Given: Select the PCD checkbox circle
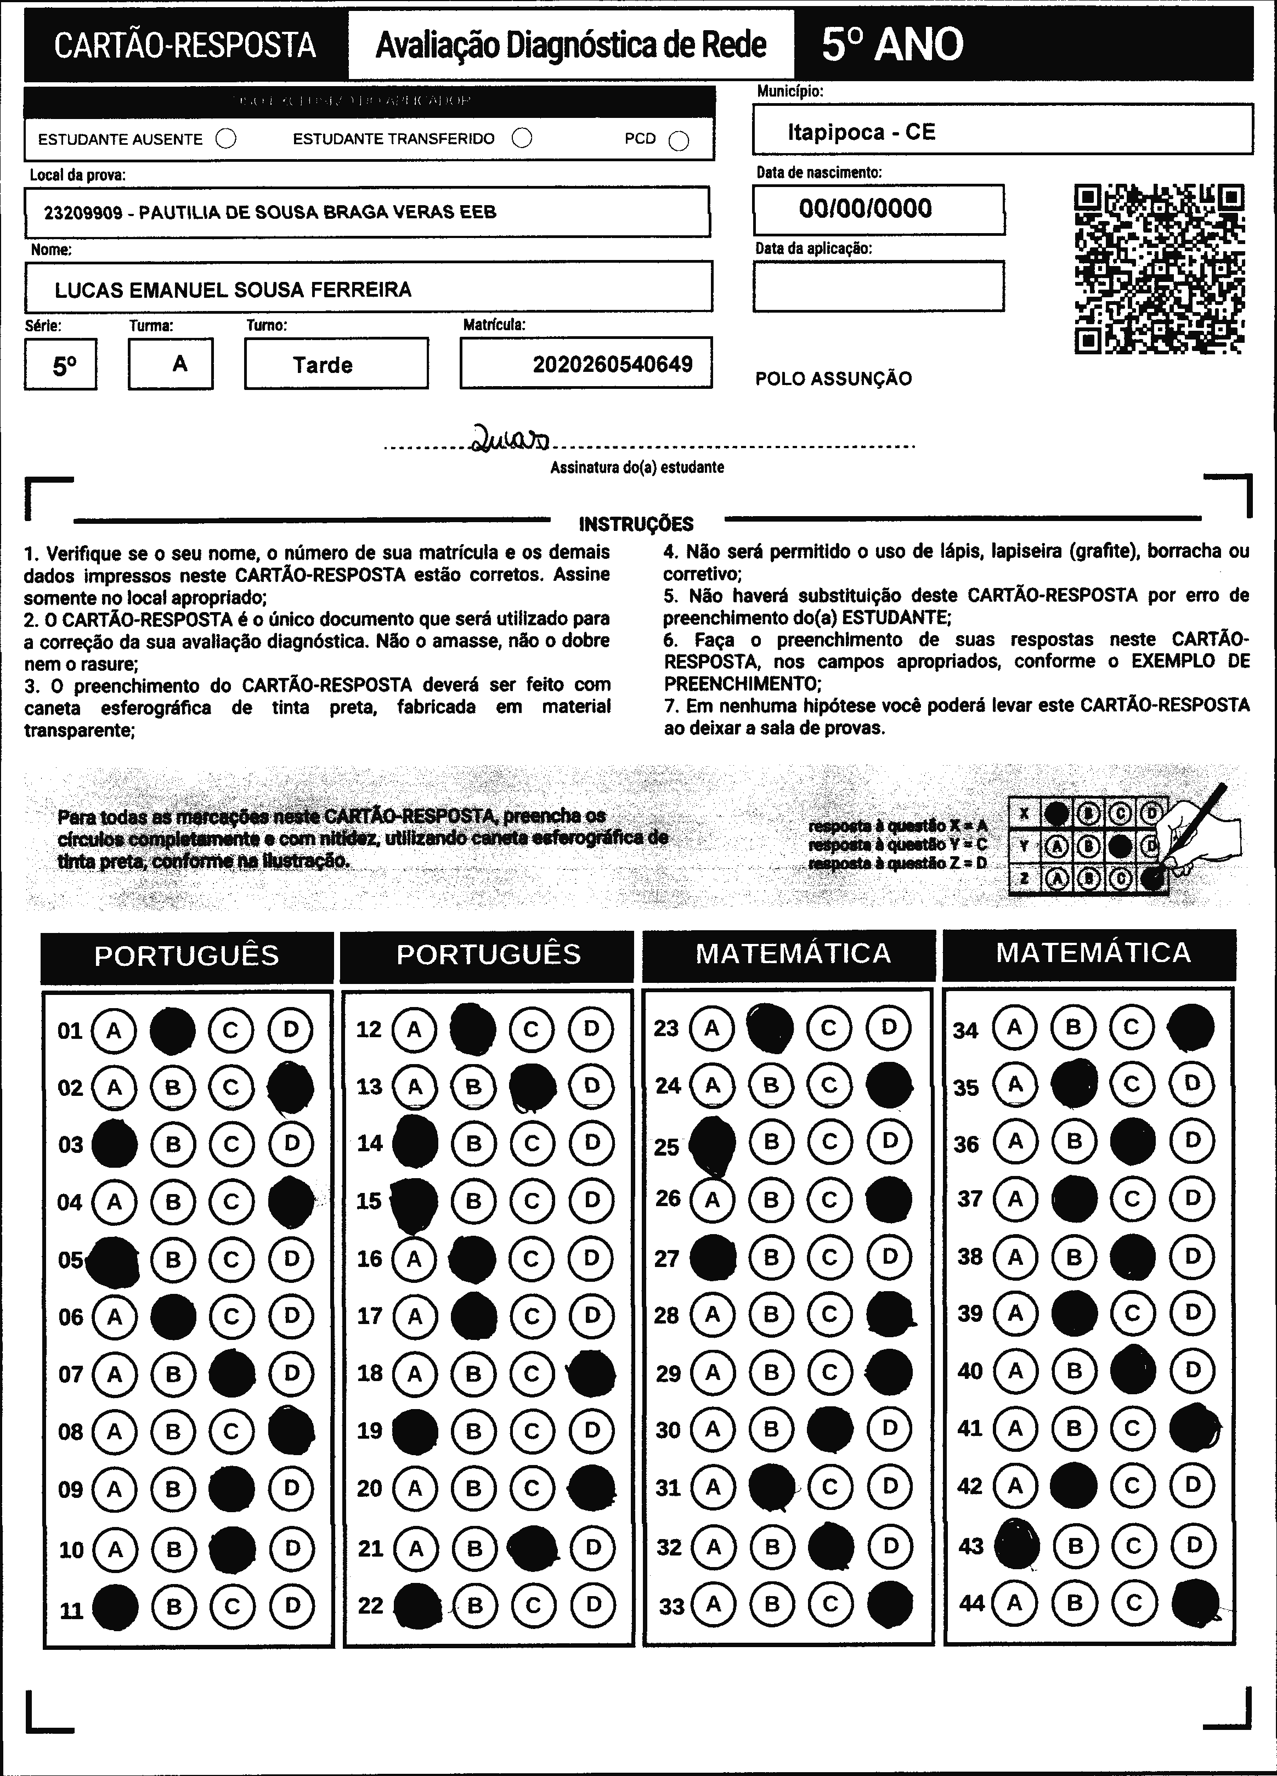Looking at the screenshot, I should tap(679, 141).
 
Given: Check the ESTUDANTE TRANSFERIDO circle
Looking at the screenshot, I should tap(522, 139).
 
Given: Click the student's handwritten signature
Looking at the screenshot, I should tap(510, 439).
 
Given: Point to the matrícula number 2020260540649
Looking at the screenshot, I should tap(612, 364).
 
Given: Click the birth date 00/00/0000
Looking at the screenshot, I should tap(865, 208).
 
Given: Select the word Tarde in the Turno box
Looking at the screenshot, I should tap(323, 365).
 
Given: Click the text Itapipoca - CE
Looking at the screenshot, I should tap(861, 132).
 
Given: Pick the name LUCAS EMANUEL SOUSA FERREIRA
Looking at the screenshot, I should tap(233, 290).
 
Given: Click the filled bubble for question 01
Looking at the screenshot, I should tap(172, 1031).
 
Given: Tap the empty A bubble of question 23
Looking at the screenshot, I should tap(711, 1027).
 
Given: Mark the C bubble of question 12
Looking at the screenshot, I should tap(532, 1029).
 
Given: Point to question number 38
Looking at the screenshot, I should tap(969, 1257).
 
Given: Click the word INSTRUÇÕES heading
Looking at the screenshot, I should tap(636, 524).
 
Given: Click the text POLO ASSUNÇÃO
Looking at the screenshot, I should tap(833, 379).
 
